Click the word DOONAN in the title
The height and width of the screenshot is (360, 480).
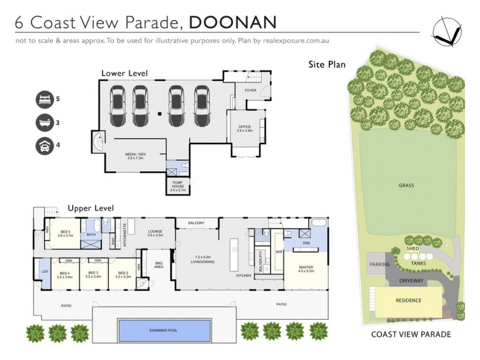point(233,23)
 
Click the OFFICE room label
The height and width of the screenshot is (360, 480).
point(244,127)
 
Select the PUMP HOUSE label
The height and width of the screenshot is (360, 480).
point(178,187)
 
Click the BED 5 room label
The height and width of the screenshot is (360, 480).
point(65,233)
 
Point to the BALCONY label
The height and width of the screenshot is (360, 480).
point(196,223)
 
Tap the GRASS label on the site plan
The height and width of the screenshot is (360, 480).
point(406,185)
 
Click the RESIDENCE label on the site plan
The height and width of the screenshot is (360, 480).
point(408,300)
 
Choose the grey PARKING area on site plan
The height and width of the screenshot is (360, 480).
point(379,264)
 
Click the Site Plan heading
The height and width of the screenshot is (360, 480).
point(327,64)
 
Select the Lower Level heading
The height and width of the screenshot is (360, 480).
point(124,73)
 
